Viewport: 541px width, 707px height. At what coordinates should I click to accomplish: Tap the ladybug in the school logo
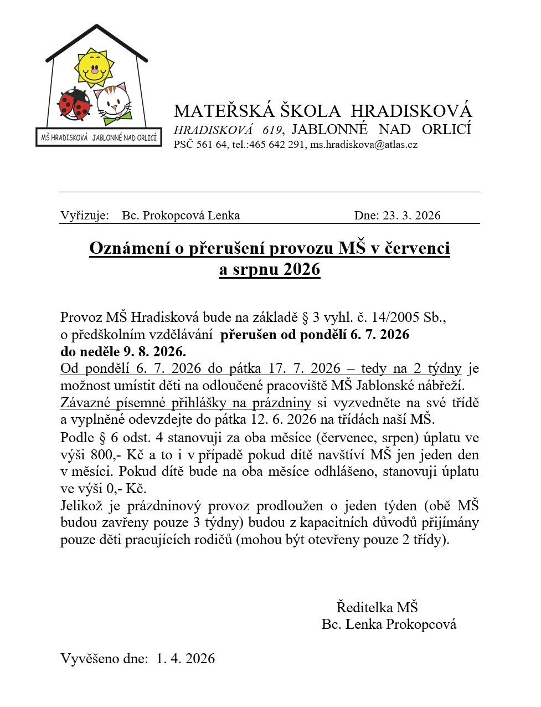tap(74, 104)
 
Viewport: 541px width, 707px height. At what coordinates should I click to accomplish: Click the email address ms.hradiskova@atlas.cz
tap(363, 145)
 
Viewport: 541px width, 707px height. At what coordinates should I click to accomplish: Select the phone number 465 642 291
tap(276, 145)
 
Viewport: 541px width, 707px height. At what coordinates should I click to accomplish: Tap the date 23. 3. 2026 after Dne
tap(411, 216)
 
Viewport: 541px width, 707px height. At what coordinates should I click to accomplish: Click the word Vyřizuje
tap(84, 216)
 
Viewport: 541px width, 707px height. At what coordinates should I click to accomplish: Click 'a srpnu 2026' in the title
tap(270, 269)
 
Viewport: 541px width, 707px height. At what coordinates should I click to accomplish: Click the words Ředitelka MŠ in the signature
tap(377, 607)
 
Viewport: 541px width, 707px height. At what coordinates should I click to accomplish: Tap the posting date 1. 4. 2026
tap(186, 658)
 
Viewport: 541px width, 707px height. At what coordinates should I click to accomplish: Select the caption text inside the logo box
tap(99, 137)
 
